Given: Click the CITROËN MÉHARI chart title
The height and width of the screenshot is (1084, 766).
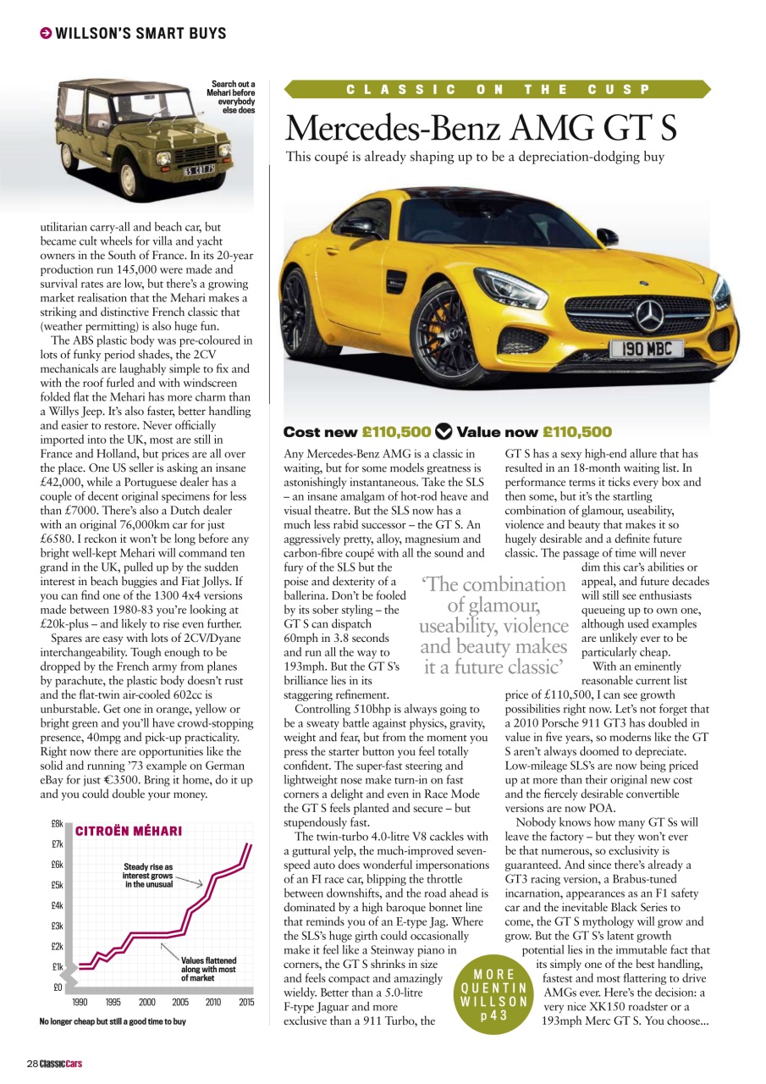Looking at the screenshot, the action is click(129, 832).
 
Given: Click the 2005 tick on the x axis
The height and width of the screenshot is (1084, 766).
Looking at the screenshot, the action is click(179, 1002).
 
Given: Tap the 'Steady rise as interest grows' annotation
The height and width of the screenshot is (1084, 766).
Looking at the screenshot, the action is click(148, 876).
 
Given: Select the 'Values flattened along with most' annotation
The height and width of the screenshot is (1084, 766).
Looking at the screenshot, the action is click(208, 969).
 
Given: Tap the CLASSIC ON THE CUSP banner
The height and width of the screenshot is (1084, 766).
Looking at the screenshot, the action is click(498, 89).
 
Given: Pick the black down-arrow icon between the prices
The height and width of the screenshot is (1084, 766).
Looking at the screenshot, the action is click(444, 431).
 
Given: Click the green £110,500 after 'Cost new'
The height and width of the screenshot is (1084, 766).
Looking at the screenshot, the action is click(396, 431).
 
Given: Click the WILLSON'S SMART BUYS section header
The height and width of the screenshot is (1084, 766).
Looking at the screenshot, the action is click(141, 34).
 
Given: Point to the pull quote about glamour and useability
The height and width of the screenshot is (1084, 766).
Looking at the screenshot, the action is click(494, 626).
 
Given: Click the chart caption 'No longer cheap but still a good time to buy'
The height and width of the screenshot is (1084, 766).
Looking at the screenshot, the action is click(113, 1021).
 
